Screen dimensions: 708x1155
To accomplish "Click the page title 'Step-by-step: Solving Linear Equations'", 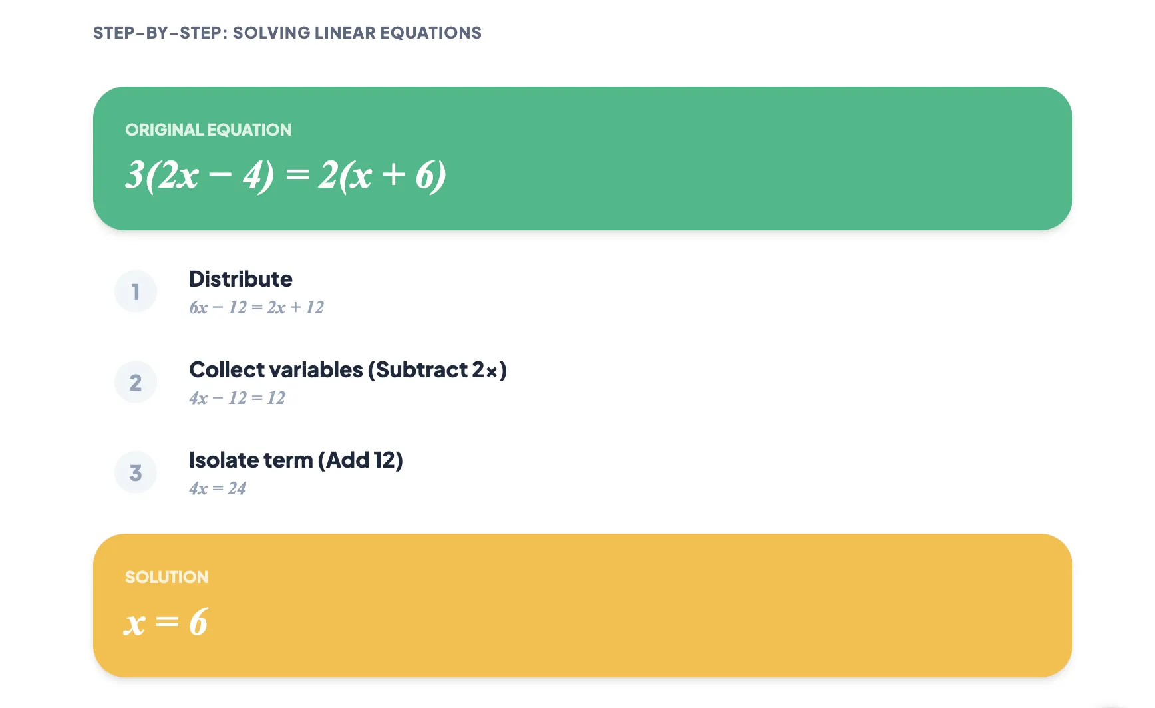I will pyautogui.click(x=287, y=33).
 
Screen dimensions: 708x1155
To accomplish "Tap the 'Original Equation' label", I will pyautogui.click(x=208, y=130).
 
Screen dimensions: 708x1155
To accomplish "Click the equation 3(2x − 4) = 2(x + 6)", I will pyautogui.click(x=285, y=175).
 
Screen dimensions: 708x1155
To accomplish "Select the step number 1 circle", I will pyautogui.click(x=136, y=291).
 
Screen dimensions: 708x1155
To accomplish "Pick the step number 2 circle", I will pyautogui.click(x=136, y=382).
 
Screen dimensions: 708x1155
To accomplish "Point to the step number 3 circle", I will pyautogui.click(x=136, y=472).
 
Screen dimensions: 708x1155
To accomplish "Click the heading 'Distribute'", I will pyautogui.click(x=240, y=279).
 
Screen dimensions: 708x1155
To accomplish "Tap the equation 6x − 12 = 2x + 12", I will pyautogui.click(x=256, y=307).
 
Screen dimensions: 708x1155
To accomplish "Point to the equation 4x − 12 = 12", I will pyautogui.click(x=237, y=398).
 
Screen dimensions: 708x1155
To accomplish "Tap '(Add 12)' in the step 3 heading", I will pyautogui.click(x=360, y=460).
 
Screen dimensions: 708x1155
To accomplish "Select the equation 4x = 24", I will pyautogui.click(x=218, y=488).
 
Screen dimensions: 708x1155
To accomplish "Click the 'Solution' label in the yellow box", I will pyautogui.click(x=166, y=577).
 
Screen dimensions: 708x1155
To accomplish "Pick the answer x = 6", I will pyautogui.click(x=166, y=622).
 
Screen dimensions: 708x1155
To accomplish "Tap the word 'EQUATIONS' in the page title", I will pyautogui.click(x=430, y=33).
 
